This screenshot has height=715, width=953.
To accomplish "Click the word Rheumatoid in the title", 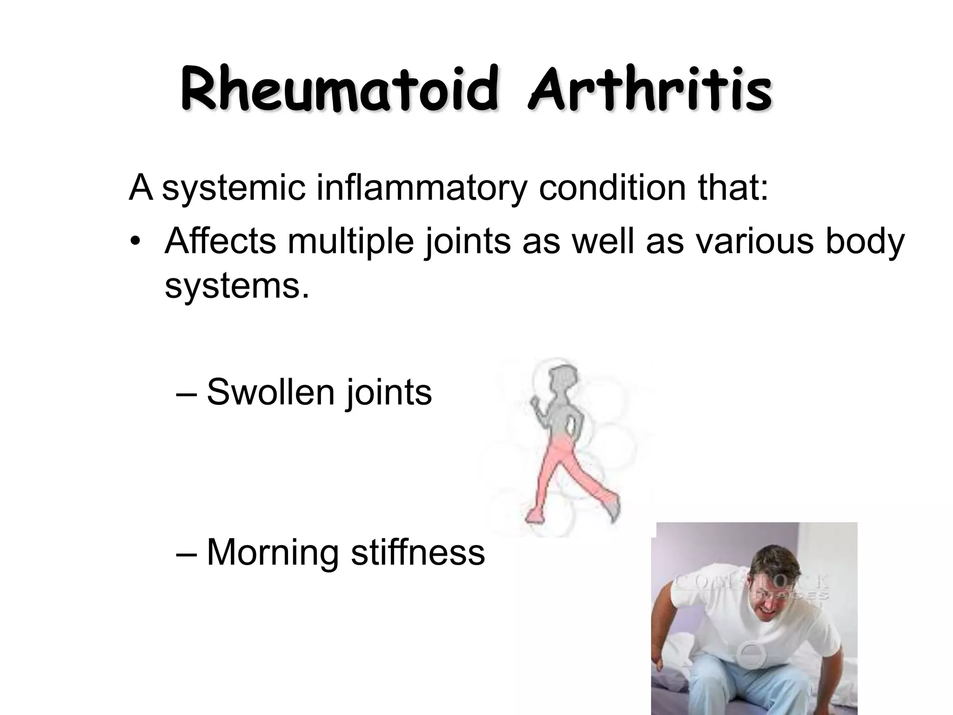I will [338, 90].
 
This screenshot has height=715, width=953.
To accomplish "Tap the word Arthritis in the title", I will [650, 90].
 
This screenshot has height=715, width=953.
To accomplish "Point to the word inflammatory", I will [422, 188].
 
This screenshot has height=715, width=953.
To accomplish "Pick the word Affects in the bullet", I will [220, 242].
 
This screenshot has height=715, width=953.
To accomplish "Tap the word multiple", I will [350, 242].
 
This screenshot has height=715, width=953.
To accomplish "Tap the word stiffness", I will [418, 552].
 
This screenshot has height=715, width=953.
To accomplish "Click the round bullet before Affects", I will [135, 243].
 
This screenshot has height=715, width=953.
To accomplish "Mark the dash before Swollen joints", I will [186, 393].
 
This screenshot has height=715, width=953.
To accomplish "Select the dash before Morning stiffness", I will [186, 553].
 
